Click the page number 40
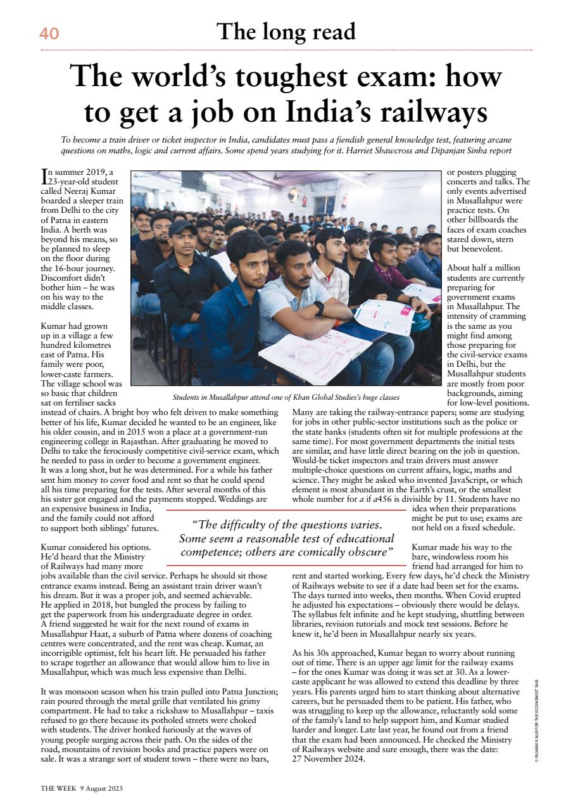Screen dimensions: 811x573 click(49, 34)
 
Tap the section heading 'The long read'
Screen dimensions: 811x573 click(286, 31)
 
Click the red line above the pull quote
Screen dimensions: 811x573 click(285, 510)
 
